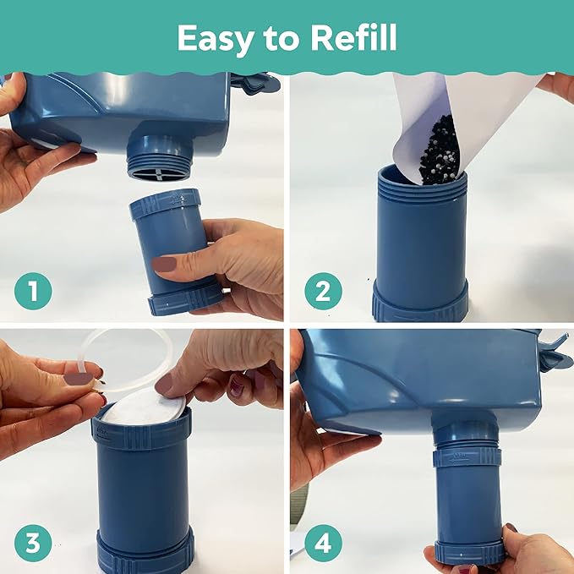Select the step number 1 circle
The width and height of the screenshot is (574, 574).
coord(33,292)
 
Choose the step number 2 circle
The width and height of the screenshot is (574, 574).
coord(322,292)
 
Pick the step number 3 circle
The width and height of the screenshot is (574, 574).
coord(33,543)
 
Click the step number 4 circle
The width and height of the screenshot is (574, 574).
coord(322,543)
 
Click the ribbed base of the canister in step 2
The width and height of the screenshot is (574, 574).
coord(420,302)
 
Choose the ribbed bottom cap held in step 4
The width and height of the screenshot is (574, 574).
coord(470,552)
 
